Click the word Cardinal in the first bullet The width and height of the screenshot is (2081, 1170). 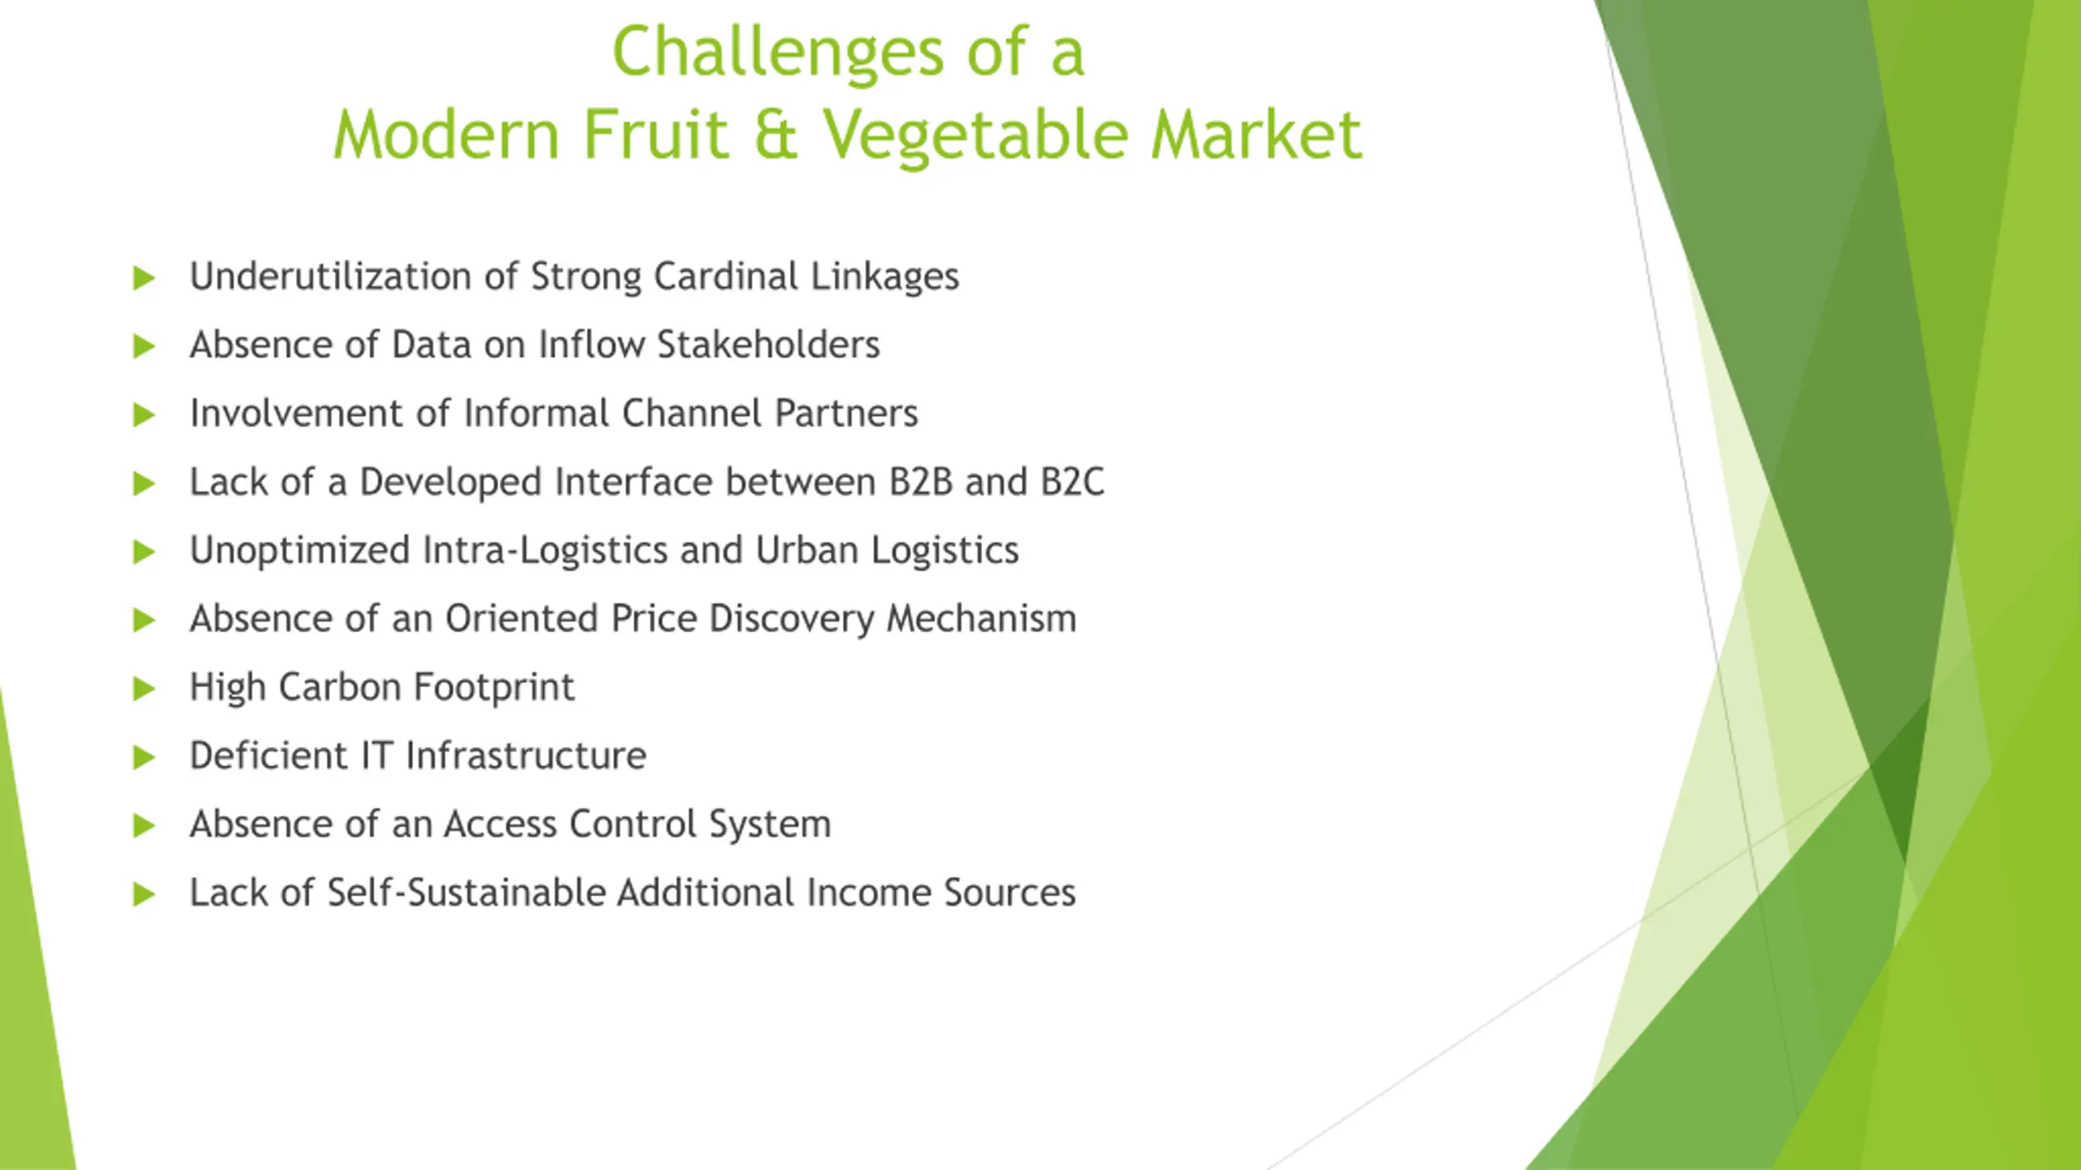point(725,275)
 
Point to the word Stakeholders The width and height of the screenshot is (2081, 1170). point(768,344)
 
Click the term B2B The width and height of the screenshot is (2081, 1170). point(920,482)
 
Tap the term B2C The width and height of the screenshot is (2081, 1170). point(1072,482)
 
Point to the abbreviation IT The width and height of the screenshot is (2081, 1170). point(376,756)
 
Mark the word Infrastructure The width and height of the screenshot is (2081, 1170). point(526,756)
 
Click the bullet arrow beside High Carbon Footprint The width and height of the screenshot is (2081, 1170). point(144,689)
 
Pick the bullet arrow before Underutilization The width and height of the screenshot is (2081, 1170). point(144,278)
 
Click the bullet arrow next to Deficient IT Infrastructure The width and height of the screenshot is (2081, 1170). point(144,757)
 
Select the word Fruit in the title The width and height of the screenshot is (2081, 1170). point(655,134)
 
